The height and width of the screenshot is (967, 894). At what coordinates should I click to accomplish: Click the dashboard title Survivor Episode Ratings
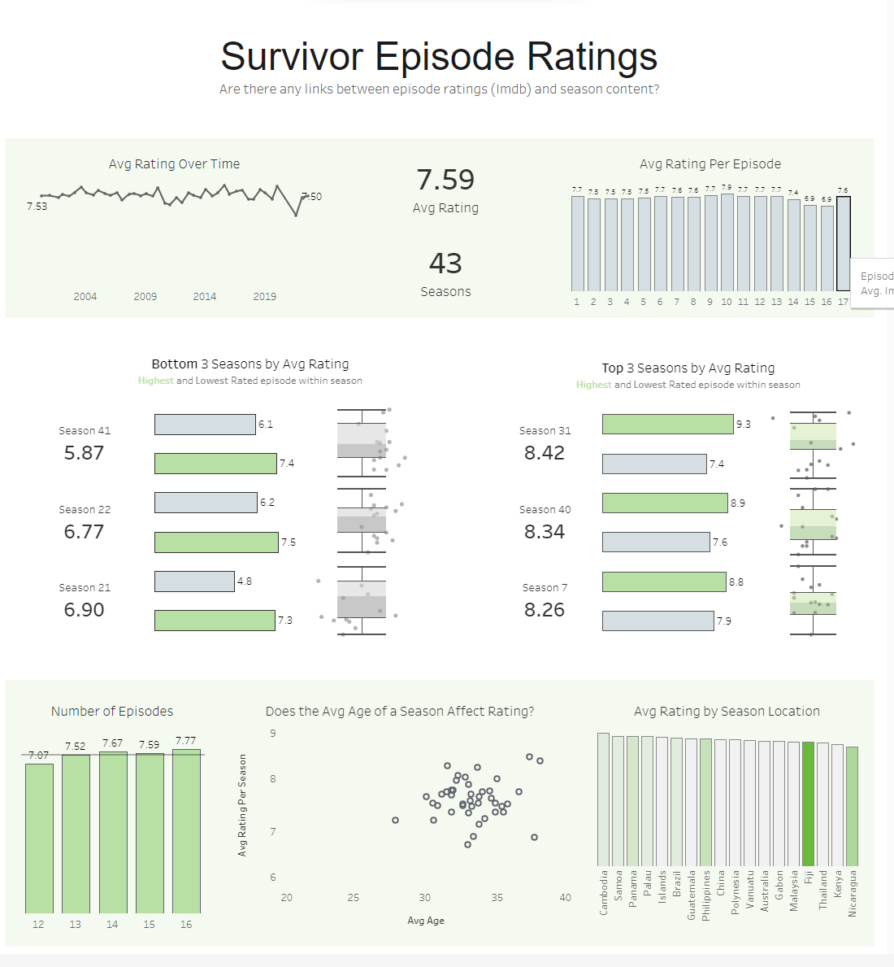(439, 57)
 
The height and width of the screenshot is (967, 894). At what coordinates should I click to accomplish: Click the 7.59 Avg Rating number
(445, 180)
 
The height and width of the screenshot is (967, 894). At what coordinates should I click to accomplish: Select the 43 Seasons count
(445, 264)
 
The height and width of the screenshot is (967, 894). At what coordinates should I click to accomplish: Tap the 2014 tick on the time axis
(205, 297)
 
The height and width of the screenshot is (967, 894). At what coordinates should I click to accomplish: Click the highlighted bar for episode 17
(844, 244)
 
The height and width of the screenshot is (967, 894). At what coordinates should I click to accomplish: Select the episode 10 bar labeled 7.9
(727, 242)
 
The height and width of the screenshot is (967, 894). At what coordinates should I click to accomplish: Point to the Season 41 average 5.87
(84, 453)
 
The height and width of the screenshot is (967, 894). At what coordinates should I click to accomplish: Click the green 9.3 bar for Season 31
(667, 425)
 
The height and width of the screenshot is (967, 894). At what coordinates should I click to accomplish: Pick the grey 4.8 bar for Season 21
(194, 582)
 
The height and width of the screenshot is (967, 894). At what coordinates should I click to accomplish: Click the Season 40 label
(545, 510)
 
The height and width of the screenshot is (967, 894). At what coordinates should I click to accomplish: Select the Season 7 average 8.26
(544, 610)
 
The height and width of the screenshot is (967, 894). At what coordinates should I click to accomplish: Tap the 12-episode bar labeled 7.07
(39, 838)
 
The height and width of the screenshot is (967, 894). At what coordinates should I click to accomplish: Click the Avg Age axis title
(426, 921)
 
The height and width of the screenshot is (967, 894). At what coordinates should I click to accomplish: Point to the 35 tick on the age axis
(497, 898)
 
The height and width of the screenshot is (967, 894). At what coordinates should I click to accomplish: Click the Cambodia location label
(604, 893)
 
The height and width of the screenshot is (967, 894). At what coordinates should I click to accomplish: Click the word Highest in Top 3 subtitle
(593, 385)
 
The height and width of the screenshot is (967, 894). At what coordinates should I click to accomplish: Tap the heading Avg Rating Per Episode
(710, 164)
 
